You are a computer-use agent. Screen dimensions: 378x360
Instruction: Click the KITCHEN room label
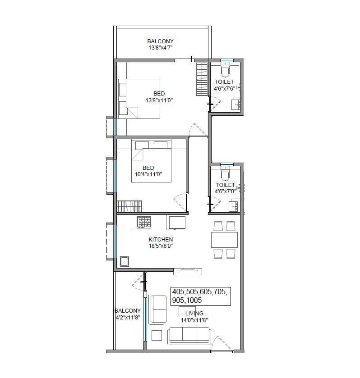point(161,239)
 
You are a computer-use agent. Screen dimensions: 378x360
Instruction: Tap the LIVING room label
point(194,313)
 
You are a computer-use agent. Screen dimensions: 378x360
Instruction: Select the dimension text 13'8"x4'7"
point(161,47)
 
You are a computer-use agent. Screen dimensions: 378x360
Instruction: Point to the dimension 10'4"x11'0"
point(148,174)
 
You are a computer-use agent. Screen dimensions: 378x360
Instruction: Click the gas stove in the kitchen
point(144,222)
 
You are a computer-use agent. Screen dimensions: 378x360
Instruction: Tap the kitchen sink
point(124,261)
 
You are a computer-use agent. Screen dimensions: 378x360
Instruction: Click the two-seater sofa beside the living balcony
point(157,309)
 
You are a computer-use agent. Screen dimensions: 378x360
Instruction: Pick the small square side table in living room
point(157,335)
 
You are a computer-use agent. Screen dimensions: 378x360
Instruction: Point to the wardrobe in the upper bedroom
point(201,79)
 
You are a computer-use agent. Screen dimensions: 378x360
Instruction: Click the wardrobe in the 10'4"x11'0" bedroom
point(129,206)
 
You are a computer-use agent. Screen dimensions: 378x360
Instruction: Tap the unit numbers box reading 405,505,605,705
point(200,296)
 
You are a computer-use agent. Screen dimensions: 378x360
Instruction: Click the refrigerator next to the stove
point(177,223)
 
